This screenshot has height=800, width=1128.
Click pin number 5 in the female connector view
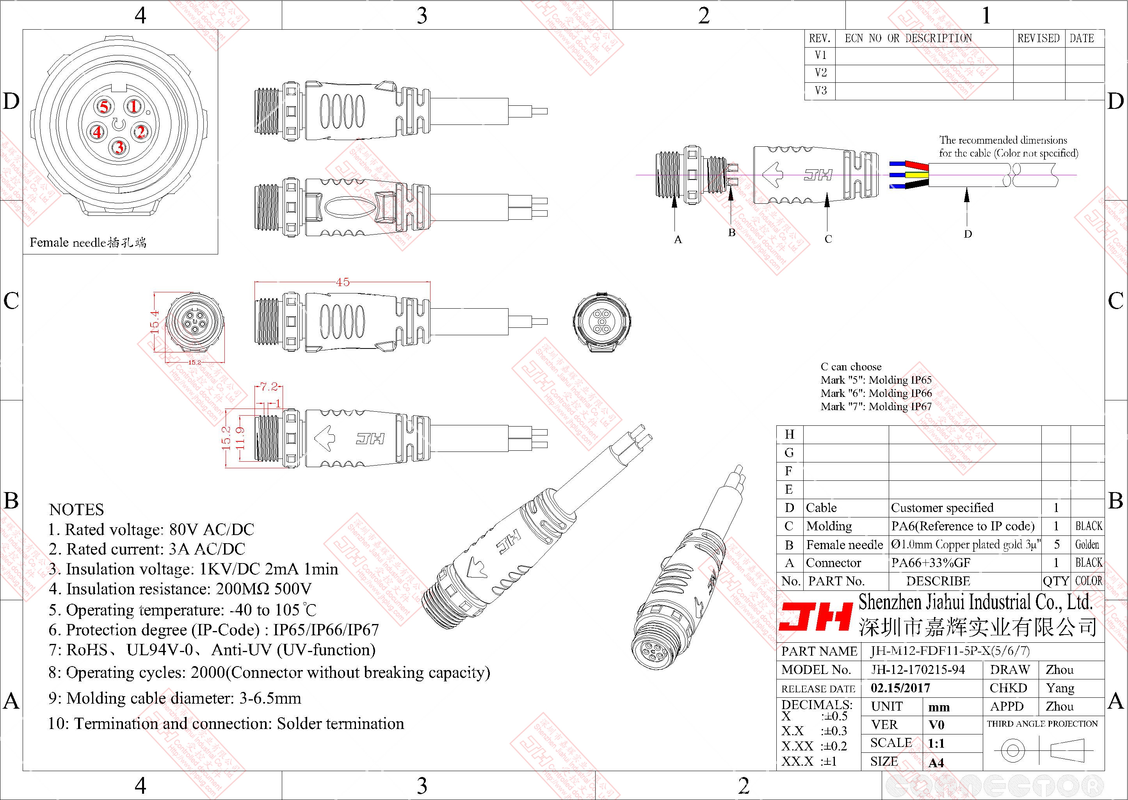pos(104,107)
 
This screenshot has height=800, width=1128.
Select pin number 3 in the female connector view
pos(119,147)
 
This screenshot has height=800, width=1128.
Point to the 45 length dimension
pos(342,282)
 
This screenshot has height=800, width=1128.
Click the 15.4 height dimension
pos(155,322)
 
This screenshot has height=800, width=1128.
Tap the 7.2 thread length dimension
pos(269,387)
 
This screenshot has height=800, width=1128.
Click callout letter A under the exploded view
pos(678,240)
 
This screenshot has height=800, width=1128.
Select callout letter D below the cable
pos(968,234)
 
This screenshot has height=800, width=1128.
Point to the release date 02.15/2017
pos(900,688)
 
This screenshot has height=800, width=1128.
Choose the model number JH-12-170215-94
pos(918,669)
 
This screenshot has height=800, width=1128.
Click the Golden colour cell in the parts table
pos(1087,544)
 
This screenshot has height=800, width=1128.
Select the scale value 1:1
pos(936,743)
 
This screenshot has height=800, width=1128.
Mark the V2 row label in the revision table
pos(821,73)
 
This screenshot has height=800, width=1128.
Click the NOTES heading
pos(77,509)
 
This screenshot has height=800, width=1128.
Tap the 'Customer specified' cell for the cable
pos(942,508)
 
